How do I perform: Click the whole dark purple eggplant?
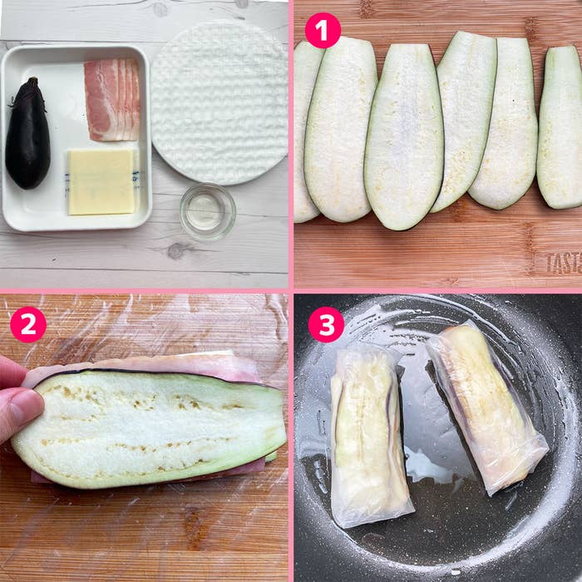pos(27,137)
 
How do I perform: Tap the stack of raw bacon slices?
pos(112,99)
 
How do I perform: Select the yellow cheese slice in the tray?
pos(101,181)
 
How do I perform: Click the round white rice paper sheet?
pos(219,101)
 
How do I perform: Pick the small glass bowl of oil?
pos(207,211)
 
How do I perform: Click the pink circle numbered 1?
pos(323,30)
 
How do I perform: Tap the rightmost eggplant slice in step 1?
pos(561,125)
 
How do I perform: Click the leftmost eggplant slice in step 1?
pos(304,133)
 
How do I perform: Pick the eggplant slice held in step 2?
pos(150,428)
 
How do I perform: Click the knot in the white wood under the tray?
pos(176,250)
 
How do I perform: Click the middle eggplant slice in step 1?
pos(402,137)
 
